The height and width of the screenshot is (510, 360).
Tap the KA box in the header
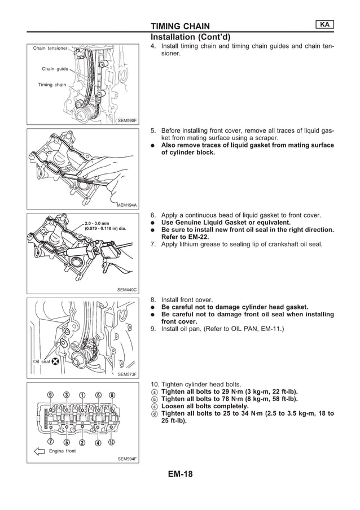[x=323, y=24]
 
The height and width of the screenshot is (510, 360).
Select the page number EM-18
[x=180, y=474]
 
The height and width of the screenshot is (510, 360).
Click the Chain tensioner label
[x=50, y=49]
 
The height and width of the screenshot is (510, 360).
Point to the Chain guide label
[x=55, y=69]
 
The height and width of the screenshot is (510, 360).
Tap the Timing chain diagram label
[x=52, y=85]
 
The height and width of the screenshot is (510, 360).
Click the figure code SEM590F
[x=127, y=120]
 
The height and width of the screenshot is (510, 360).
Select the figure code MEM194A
[x=127, y=205]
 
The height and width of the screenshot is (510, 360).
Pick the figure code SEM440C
[x=127, y=290]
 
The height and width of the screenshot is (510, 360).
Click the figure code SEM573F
[x=127, y=374]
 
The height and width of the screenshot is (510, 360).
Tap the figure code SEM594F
[x=127, y=459]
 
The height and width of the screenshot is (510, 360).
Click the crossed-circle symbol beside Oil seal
[x=56, y=362]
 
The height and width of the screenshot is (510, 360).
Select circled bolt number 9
[x=50, y=395]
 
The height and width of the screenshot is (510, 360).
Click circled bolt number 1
[x=82, y=395]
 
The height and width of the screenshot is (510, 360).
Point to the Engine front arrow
[x=39, y=451]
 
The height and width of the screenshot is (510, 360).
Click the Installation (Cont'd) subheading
[x=187, y=37]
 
